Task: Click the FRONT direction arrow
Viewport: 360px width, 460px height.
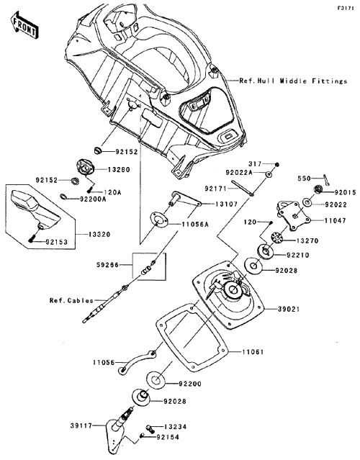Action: [24, 25]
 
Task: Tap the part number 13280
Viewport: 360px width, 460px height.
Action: [119, 170]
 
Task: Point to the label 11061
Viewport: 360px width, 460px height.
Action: [253, 351]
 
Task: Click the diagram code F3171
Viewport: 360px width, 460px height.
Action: [346, 8]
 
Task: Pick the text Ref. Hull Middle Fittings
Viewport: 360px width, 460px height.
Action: [293, 81]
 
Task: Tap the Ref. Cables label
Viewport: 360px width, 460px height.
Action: [71, 301]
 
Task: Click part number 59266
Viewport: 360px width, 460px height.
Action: [108, 265]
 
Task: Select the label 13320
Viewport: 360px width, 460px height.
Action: [99, 235]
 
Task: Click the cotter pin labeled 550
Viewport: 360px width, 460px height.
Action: [327, 180]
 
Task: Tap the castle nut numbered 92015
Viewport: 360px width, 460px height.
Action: [318, 189]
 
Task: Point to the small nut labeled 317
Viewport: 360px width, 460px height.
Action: [277, 164]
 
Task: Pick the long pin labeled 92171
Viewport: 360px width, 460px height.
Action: [243, 187]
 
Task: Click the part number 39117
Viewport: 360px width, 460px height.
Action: [81, 425]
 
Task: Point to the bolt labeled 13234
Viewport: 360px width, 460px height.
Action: [150, 428]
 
